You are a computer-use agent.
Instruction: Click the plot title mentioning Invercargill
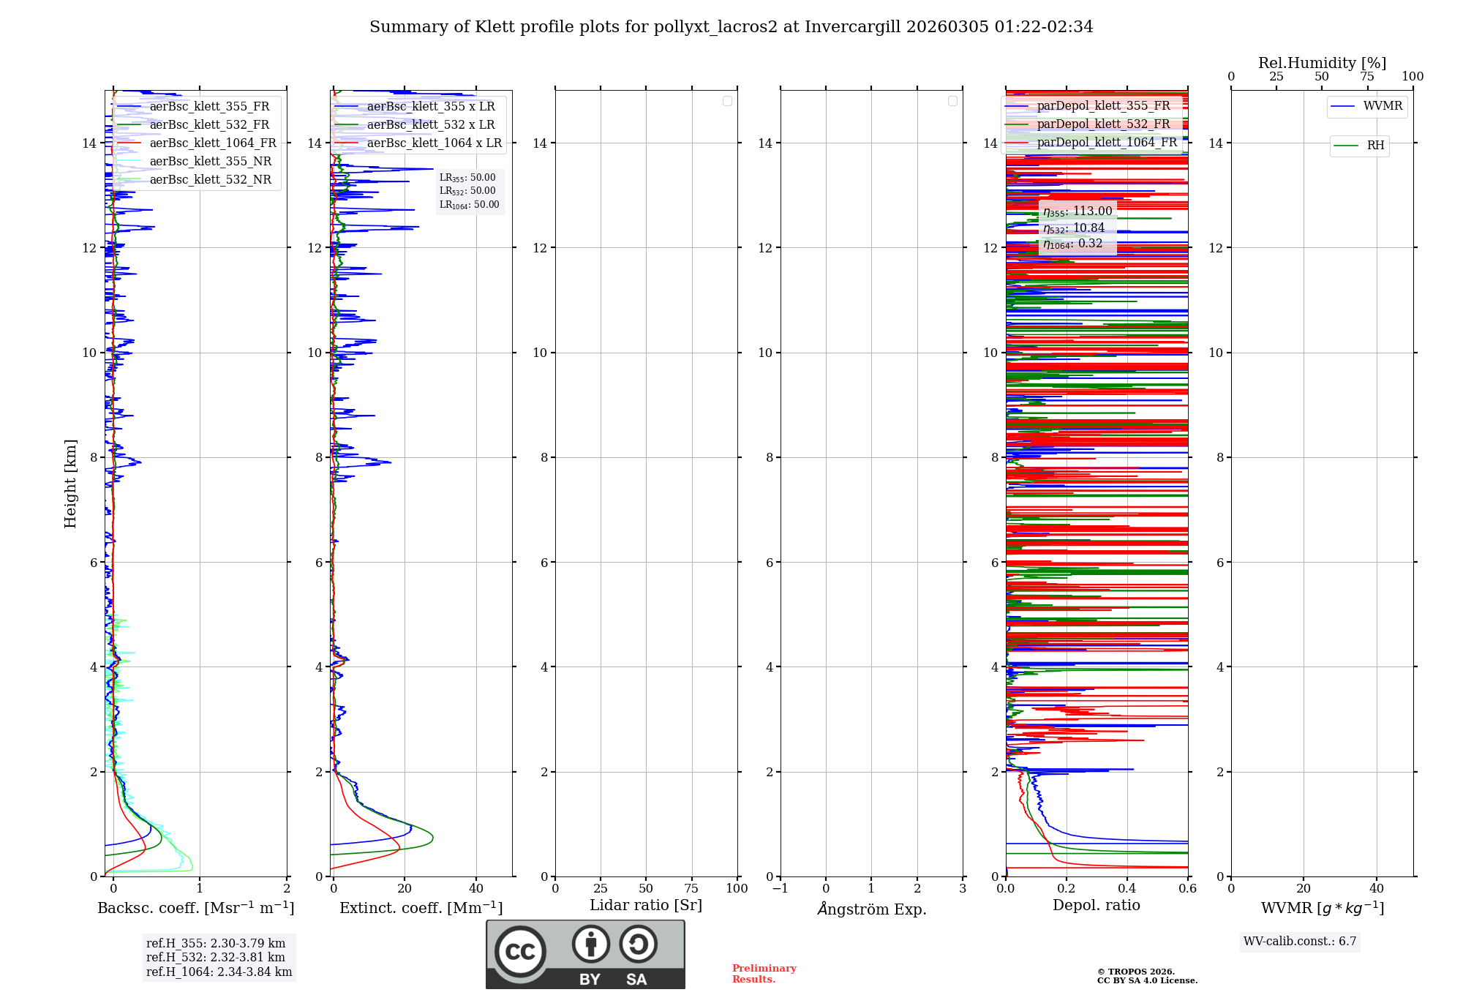pos(731,27)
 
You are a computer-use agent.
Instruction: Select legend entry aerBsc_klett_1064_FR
pos(212,143)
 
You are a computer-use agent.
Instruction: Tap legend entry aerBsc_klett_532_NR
pos(210,180)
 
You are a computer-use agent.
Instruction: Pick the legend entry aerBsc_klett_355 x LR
pos(430,107)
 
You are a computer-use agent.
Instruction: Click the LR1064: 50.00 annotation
pos(469,205)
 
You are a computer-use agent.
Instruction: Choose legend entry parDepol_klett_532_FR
pos(1103,124)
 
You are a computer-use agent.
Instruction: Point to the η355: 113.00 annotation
pos(1077,211)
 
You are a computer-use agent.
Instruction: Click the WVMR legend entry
pos(1383,106)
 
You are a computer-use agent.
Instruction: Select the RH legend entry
pos(1375,146)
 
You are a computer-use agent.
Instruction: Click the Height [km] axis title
pos(70,484)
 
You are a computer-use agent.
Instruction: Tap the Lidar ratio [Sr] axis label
pos(646,906)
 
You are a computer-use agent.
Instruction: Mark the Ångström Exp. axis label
pos(871,909)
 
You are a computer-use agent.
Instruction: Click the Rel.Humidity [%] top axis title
pos(1322,63)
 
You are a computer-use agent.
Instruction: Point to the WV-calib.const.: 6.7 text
pos(1300,942)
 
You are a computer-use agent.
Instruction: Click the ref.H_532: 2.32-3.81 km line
pos(216,958)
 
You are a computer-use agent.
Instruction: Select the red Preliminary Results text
pos(764,974)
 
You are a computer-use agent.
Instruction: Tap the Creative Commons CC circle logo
pos(520,952)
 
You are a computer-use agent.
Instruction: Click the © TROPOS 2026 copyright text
pos(1136,972)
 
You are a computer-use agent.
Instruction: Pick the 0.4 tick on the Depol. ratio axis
pos(1127,889)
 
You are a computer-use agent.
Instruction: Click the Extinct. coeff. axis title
pos(421,908)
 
